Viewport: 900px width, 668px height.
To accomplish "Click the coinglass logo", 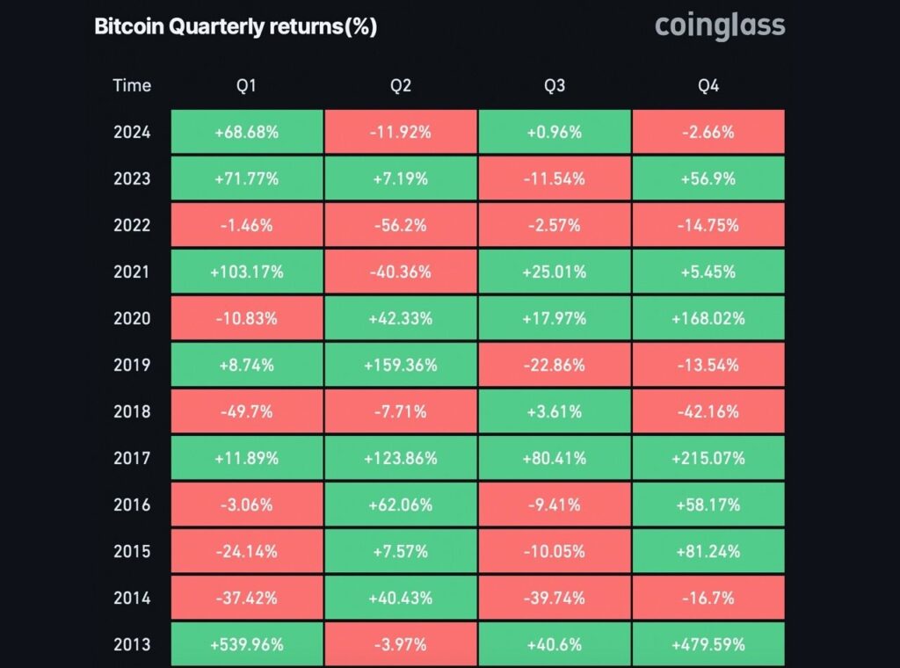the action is pyautogui.click(x=720, y=26).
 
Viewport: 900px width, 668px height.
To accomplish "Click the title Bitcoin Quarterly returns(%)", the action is pyautogui.click(x=236, y=26).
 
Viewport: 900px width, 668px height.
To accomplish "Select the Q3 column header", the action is pyautogui.click(x=555, y=85).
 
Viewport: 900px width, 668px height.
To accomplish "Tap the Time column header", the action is pyautogui.click(x=132, y=85).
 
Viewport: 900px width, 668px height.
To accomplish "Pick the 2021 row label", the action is pyautogui.click(x=132, y=272).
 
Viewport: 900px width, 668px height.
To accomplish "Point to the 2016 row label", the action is pyautogui.click(x=132, y=505).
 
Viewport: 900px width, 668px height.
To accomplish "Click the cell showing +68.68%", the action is pyautogui.click(x=247, y=132).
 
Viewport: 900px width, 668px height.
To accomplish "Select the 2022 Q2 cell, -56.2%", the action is pyautogui.click(x=401, y=225).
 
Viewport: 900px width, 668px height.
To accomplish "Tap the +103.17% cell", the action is pyautogui.click(x=247, y=272).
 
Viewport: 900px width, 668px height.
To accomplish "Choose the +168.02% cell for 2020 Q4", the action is pyautogui.click(x=708, y=318).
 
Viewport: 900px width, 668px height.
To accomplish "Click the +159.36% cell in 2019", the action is pyautogui.click(x=401, y=365).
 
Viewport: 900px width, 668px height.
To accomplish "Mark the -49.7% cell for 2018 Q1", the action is pyautogui.click(x=247, y=411).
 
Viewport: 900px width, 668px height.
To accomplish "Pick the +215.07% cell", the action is pyautogui.click(x=708, y=458).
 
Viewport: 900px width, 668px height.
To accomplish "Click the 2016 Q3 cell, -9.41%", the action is pyautogui.click(x=555, y=505).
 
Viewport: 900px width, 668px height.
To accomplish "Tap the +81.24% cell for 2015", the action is pyautogui.click(x=708, y=551).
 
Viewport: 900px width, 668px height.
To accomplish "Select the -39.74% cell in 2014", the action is pyautogui.click(x=555, y=598).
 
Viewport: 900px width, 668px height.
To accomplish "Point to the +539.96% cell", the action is pyautogui.click(x=247, y=644).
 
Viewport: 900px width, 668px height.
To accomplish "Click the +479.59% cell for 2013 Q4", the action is pyautogui.click(x=708, y=644).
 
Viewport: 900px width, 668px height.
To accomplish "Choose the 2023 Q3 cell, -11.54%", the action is pyautogui.click(x=555, y=178).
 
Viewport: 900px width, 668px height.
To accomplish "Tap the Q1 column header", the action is pyautogui.click(x=246, y=85).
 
